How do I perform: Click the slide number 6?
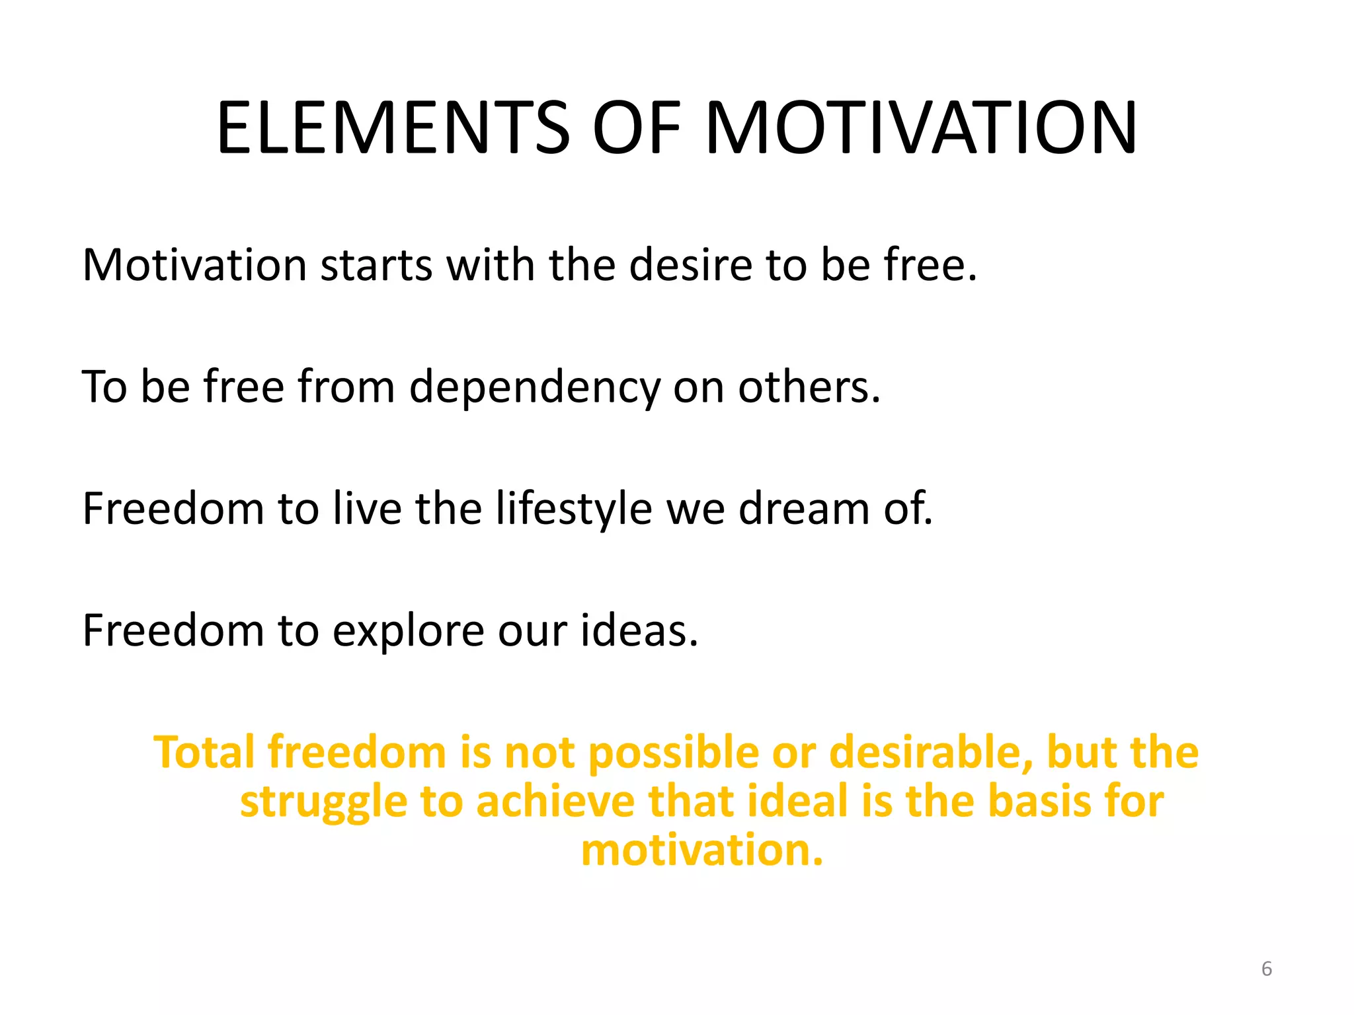coord(1266,969)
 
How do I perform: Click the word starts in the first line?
coord(376,265)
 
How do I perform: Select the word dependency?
coord(534,388)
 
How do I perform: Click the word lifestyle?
coord(573,509)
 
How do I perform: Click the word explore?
coord(408,632)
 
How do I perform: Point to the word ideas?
coord(638,630)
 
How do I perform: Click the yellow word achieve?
coord(555,801)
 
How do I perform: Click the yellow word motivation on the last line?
coord(701,850)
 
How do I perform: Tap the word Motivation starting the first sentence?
coord(194,265)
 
